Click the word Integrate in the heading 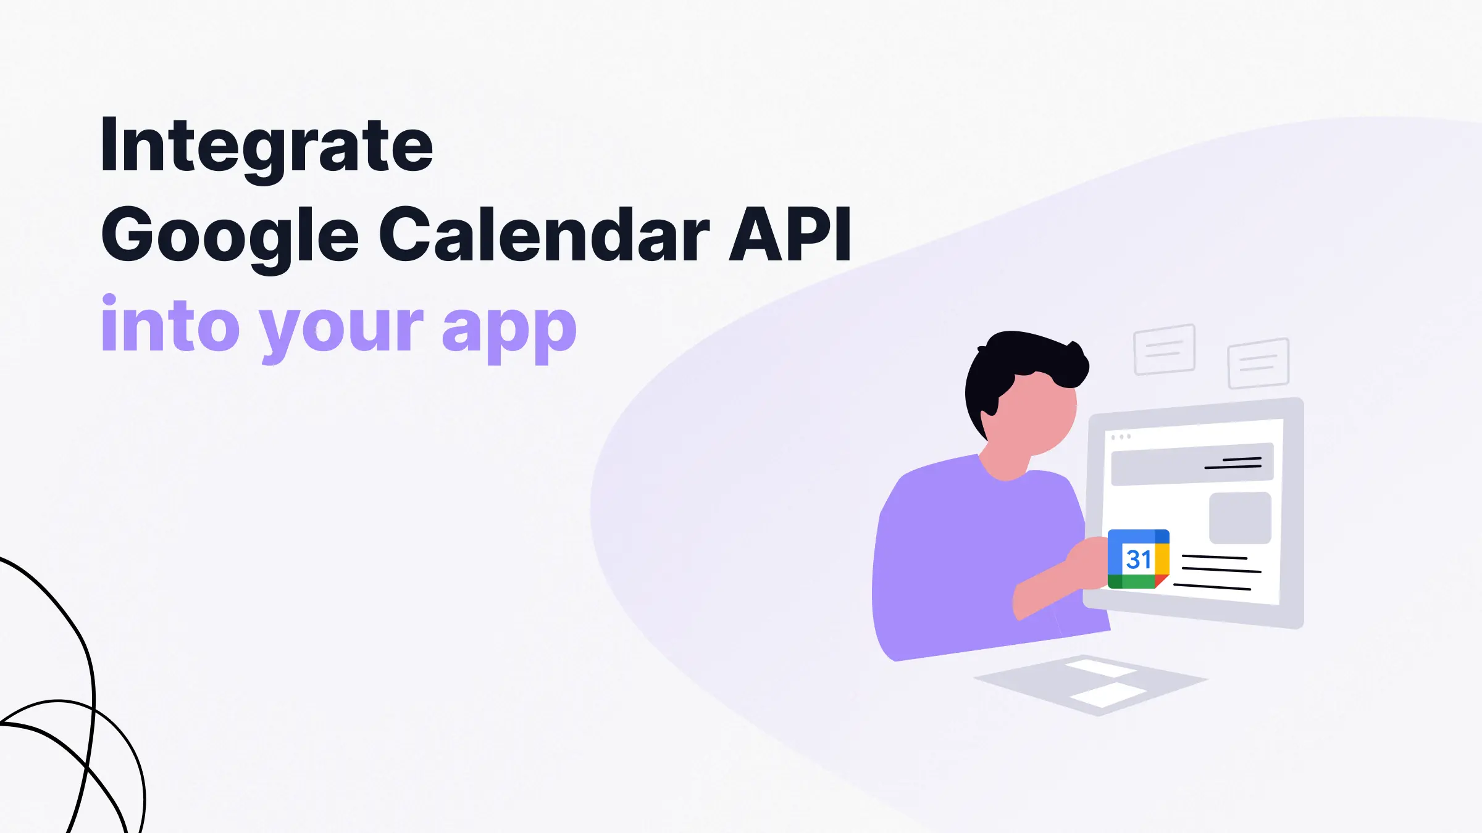tap(266, 147)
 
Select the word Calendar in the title tap(543, 235)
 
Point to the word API tap(790, 235)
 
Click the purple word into tap(170, 325)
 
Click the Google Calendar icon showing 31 tap(1138, 559)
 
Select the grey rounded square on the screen tap(1240, 518)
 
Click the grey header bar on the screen tap(1192, 464)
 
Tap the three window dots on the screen tap(1121, 437)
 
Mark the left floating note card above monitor tap(1165, 349)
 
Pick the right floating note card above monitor tap(1258, 363)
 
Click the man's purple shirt tap(963, 555)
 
